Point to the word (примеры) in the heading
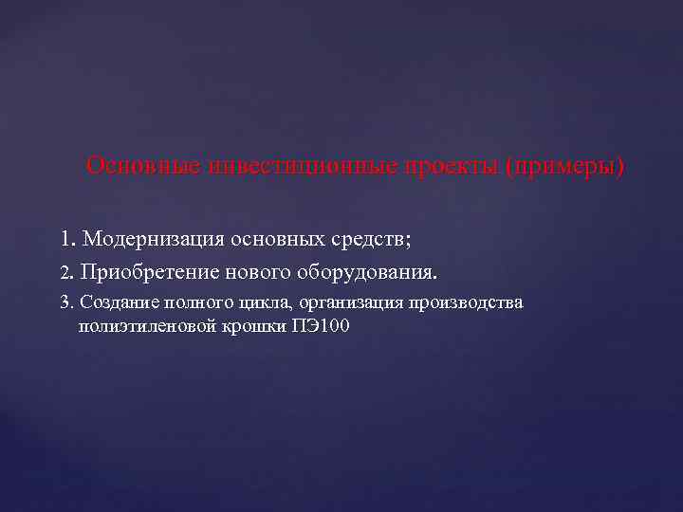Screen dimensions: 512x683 click(565, 167)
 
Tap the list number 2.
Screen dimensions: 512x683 click(65, 274)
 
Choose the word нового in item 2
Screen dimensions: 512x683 click(258, 273)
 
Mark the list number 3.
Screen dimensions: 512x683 click(65, 303)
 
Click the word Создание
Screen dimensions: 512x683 click(118, 302)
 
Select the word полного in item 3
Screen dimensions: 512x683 click(193, 302)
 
